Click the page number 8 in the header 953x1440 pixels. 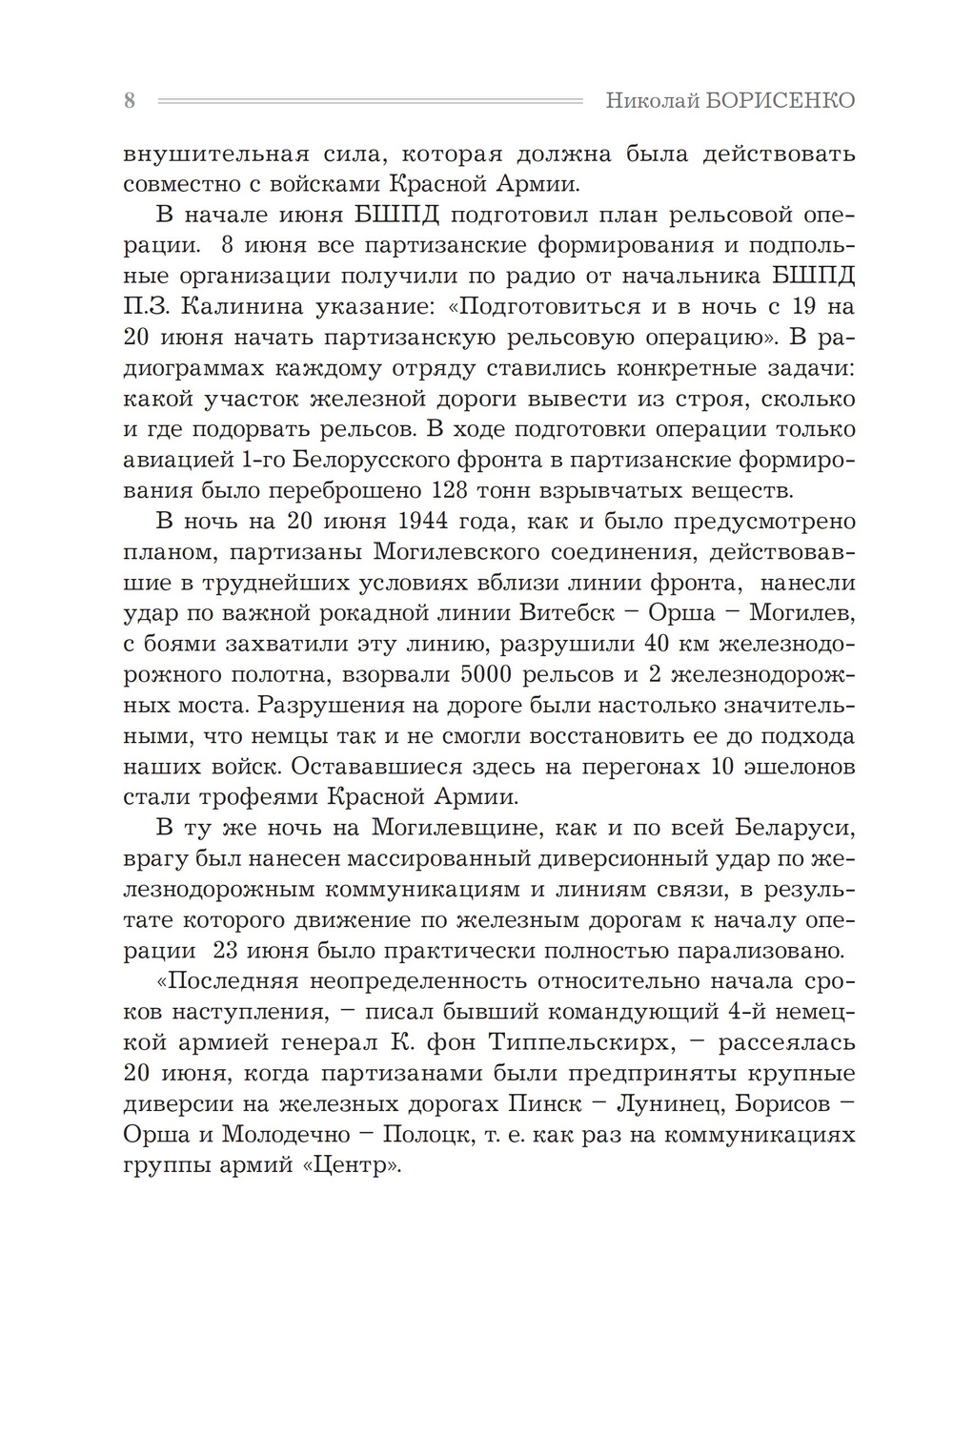[130, 101]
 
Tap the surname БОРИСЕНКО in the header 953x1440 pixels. [780, 101]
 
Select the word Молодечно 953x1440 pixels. [282, 1135]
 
